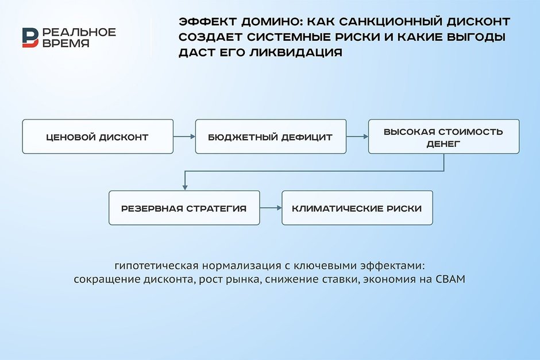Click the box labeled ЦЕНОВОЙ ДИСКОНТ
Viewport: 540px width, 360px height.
click(98, 137)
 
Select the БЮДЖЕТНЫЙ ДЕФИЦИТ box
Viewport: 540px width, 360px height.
click(271, 137)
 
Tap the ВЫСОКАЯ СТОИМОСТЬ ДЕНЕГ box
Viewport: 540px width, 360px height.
click(443, 137)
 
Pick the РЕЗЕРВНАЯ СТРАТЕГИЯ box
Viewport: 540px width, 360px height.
click(184, 208)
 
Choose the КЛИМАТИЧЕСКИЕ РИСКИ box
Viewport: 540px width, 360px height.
click(357, 208)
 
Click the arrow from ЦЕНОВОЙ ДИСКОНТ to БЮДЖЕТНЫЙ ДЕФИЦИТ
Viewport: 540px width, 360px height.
click(184, 137)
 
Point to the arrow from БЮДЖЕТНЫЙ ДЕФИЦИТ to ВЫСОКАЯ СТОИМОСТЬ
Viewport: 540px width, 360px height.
click(357, 137)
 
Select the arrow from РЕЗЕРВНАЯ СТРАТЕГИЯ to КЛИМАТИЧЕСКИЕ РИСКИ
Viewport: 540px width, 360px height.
click(270, 208)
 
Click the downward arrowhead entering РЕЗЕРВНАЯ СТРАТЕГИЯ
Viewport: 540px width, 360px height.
click(184, 187)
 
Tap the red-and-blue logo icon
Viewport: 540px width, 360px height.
click(30, 37)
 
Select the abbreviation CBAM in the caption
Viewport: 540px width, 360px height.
click(451, 280)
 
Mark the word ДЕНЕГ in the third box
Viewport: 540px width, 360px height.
click(443, 143)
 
